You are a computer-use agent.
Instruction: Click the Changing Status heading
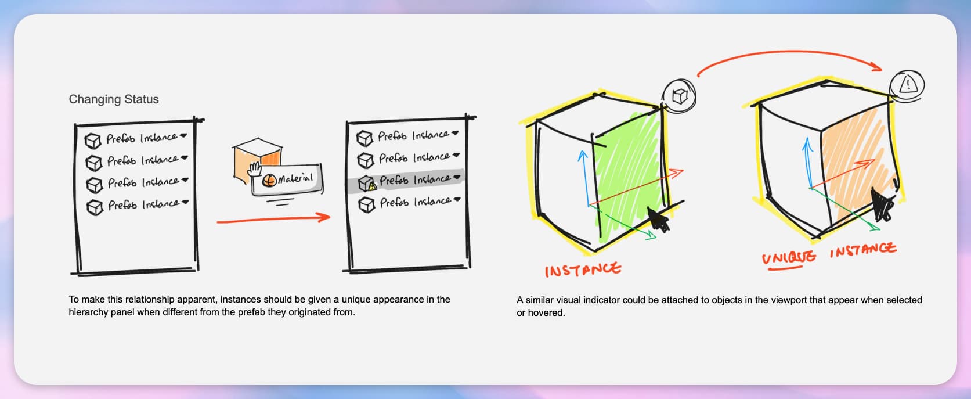click(114, 99)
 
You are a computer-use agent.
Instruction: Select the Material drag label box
click(287, 180)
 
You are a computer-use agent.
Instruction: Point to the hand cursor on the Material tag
click(254, 170)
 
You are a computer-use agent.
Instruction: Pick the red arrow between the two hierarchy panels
click(273, 218)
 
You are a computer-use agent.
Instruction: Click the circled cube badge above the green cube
click(679, 95)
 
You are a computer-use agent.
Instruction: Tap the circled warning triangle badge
click(907, 85)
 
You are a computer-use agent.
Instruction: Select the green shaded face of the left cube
click(630, 174)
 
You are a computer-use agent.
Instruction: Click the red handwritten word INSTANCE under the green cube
click(583, 270)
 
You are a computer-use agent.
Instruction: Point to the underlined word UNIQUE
click(789, 257)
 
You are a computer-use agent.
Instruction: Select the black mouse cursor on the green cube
click(658, 220)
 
